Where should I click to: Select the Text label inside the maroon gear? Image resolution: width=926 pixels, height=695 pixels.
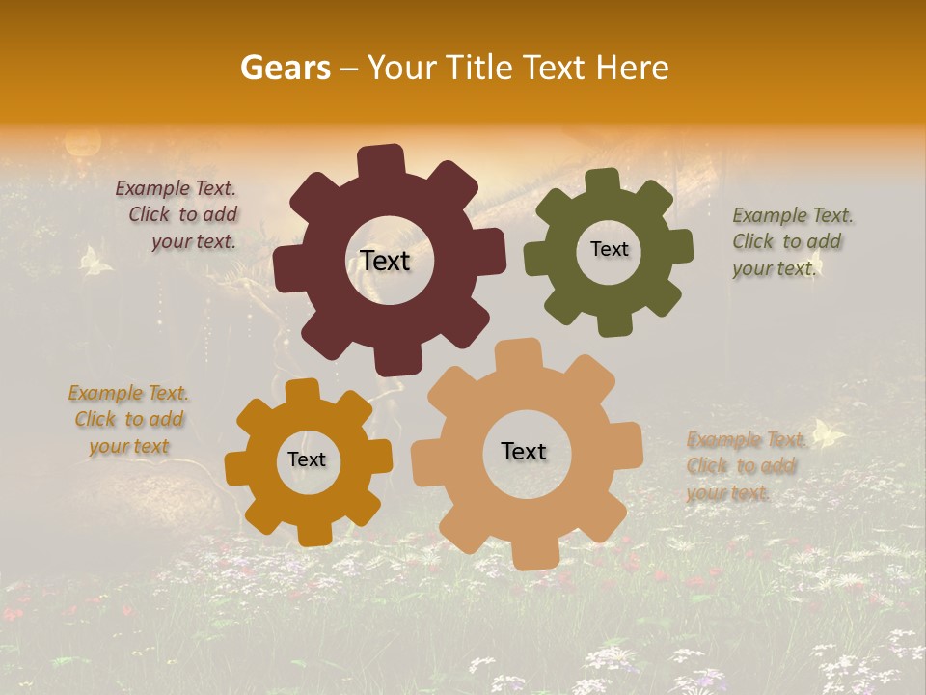385,261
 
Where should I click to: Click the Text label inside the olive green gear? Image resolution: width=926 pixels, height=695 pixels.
609,249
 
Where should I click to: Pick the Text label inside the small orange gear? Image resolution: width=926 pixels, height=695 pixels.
307,459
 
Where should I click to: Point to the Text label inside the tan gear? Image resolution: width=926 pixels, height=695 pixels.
524,451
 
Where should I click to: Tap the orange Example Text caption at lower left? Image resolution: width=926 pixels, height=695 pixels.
128,419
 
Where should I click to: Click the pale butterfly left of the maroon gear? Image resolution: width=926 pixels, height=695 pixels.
95,261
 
